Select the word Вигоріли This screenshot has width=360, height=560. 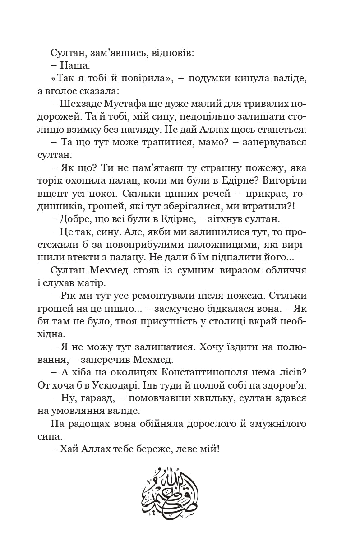(x=287, y=180)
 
